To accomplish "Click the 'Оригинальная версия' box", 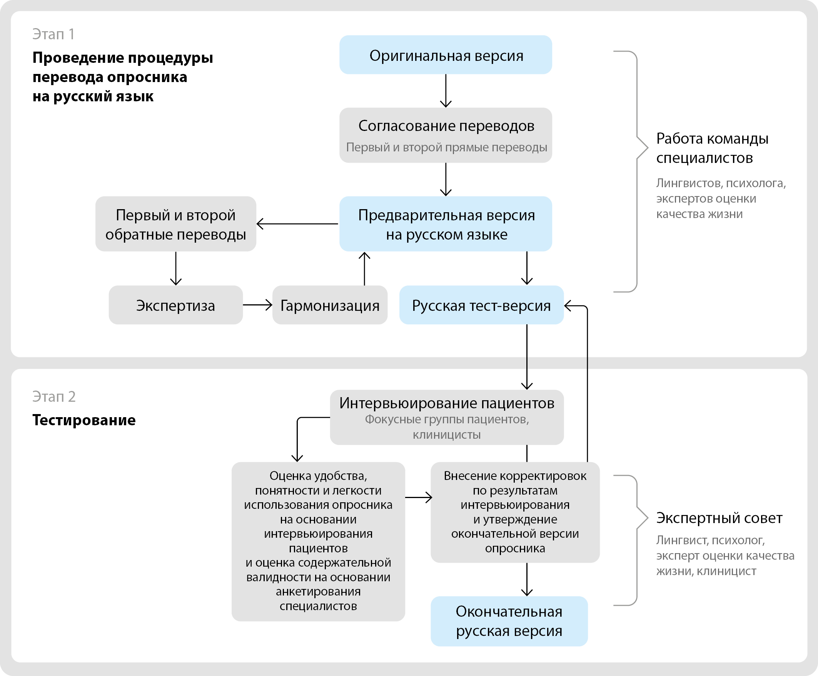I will (446, 55).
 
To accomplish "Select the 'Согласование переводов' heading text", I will (446, 126).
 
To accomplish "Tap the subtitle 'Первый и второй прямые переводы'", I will (446, 148).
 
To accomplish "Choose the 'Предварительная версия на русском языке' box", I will (446, 224).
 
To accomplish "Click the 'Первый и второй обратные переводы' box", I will (175, 224).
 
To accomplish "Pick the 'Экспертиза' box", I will (175, 305).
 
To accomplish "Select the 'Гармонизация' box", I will (329, 305).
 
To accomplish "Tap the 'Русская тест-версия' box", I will (481, 305).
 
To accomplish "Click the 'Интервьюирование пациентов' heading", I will (447, 403).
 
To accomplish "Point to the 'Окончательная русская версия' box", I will (509, 621).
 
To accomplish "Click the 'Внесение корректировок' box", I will (514, 512).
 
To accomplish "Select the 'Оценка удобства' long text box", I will (318, 541).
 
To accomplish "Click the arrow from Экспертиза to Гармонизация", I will (257, 305).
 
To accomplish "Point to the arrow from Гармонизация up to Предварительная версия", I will (364, 268).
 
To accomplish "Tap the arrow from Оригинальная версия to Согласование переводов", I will (446, 91).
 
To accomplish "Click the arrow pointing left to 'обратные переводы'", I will (297, 224).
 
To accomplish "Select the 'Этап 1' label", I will (53, 34).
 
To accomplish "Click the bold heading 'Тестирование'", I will (84, 420).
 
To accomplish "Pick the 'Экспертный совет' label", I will (719, 518).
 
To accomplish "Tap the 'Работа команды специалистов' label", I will (712, 148).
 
